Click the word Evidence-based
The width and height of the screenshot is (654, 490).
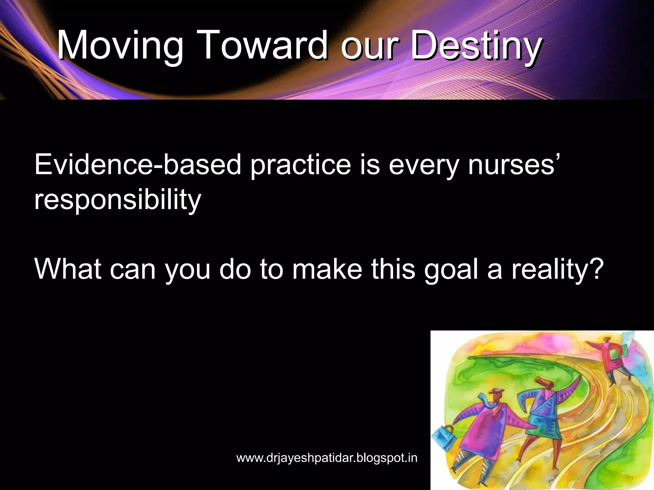point(137,165)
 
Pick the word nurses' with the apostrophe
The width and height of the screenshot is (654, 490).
point(514,165)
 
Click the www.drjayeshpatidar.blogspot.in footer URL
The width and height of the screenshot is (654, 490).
point(327,458)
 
